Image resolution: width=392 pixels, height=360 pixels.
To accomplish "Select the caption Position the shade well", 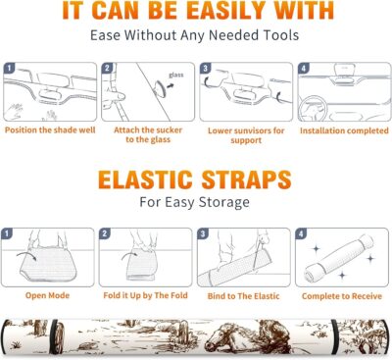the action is (50, 130).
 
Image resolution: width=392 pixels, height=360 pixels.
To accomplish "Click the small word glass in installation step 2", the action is (176, 76).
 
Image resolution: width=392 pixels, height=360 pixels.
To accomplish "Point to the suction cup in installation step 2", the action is (161, 88).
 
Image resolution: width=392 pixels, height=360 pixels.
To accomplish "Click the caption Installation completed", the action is (344, 130).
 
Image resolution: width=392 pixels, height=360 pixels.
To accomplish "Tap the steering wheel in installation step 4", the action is (312, 108).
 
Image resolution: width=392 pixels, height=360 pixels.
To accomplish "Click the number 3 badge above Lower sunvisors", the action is (205, 69).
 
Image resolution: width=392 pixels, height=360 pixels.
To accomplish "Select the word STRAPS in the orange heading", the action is (246, 180).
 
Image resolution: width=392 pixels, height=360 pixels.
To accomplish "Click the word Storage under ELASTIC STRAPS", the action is (224, 202).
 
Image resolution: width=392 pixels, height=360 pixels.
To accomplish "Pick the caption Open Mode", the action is (47, 295).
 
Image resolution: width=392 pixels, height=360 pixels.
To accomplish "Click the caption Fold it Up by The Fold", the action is (145, 296).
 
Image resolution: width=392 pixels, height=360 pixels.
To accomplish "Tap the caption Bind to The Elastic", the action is (243, 296).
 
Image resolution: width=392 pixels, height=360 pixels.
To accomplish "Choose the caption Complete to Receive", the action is (342, 296).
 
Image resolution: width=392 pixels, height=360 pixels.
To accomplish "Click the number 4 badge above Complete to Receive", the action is (301, 234).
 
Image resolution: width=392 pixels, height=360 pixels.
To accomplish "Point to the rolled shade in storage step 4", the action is (339, 258).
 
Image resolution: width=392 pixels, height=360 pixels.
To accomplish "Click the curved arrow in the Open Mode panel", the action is (26, 256).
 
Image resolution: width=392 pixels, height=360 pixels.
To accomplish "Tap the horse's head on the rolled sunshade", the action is (225, 336).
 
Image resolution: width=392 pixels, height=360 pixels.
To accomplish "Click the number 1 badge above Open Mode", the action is (7, 233).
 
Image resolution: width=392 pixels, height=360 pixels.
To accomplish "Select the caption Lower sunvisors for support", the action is (246, 135).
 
